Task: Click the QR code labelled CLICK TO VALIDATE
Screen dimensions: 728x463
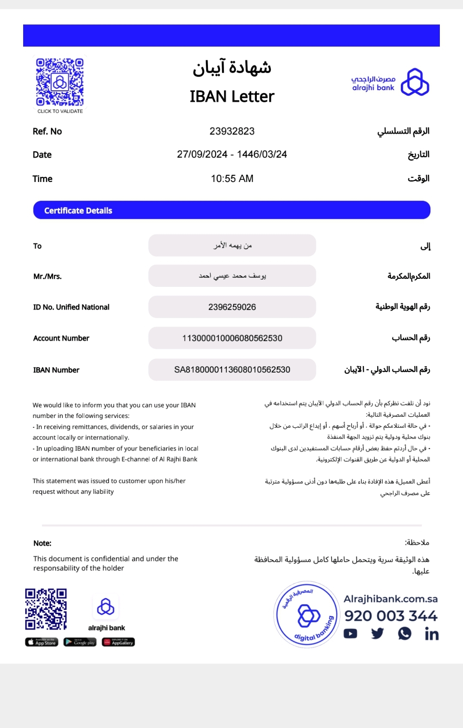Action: click(60, 82)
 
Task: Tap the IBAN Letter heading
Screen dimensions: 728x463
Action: click(231, 97)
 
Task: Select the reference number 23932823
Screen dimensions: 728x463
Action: click(232, 131)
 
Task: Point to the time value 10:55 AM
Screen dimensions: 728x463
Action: click(232, 179)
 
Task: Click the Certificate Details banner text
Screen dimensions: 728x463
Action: click(78, 211)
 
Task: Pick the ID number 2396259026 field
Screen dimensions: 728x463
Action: click(232, 307)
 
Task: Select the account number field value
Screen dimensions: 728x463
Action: click(232, 338)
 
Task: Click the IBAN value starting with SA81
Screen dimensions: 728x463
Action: click(232, 370)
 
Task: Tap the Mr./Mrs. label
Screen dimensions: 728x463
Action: click(48, 277)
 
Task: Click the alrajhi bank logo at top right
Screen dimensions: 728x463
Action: click(390, 82)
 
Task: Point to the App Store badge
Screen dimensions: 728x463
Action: click(42, 642)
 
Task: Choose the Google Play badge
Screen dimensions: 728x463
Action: click(80, 642)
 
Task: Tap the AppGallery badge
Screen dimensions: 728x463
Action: click(118, 642)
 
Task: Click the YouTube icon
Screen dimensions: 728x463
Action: click(350, 633)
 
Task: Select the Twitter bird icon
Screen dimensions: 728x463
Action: click(377, 633)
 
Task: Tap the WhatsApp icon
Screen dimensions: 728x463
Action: click(404, 633)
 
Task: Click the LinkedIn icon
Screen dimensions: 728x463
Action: click(431, 634)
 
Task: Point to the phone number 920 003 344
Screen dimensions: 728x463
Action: click(391, 616)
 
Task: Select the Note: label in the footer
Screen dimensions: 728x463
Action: click(42, 543)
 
